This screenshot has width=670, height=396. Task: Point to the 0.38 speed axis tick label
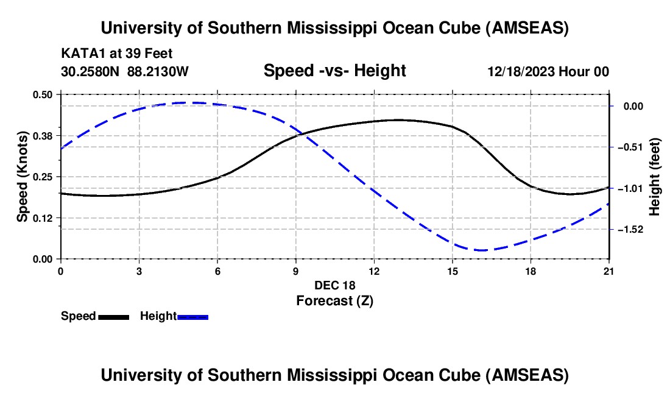tap(44, 135)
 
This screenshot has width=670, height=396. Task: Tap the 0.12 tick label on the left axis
tap(44, 218)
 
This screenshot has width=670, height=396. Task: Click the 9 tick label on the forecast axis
tap(295, 272)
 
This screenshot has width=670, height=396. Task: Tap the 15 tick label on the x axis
tap(452, 272)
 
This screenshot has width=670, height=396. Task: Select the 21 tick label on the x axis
tap(609, 272)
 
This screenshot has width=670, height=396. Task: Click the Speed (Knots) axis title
tap(22, 176)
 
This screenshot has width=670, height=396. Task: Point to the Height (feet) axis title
tap(655, 177)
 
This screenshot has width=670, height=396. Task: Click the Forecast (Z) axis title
tap(334, 300)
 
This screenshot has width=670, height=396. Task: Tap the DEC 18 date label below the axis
tap(334, 285)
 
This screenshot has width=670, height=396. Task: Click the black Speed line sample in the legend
tap(113, 317)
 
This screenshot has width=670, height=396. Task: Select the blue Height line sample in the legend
tap(192, 317)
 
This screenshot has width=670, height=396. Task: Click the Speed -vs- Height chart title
tap(334, 71)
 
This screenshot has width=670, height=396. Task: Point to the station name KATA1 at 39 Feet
tap(113, 54)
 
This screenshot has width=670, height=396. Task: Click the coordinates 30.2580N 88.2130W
tap(125, 71)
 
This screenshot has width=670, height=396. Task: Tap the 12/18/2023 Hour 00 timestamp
tap(548, 72)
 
